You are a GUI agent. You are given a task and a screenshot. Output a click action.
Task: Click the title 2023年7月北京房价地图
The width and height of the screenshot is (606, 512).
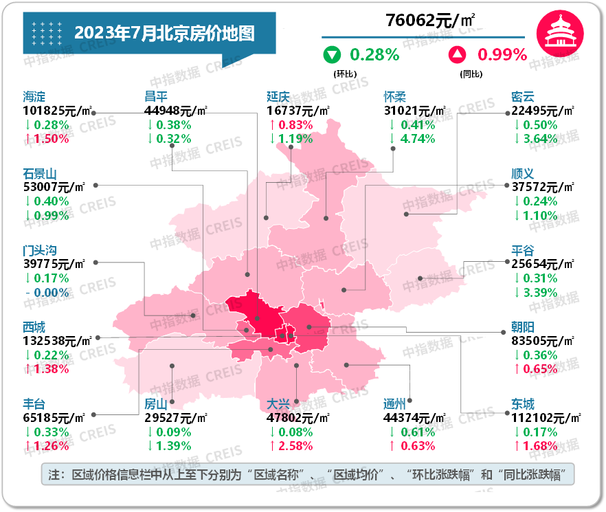pos(164,32)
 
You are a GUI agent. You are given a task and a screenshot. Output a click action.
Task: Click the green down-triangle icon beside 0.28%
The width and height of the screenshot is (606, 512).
pos(333,54)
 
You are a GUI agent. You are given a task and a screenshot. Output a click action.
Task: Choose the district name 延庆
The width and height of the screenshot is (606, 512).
pos(279,96)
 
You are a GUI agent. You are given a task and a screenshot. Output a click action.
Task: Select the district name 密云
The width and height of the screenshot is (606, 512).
pos(523,96)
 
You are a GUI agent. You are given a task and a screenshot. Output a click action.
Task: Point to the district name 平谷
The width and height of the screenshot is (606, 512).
pos(523,251)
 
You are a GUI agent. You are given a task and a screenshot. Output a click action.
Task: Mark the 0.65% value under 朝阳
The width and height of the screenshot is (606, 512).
pos(540,369)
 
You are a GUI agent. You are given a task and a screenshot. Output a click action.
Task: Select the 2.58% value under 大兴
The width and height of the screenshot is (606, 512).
pos(295,446)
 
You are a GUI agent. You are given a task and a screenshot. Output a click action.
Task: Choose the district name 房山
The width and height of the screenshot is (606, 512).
pos(157,404)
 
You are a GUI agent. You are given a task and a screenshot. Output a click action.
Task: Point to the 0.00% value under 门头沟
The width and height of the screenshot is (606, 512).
pos(51,292)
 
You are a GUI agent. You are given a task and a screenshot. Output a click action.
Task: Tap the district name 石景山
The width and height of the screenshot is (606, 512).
pos(40,173)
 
